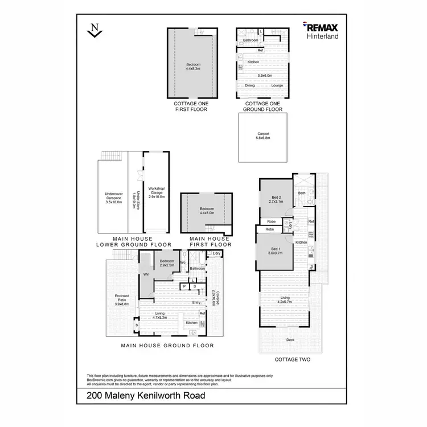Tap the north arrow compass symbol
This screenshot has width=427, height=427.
click(x=93, y=31)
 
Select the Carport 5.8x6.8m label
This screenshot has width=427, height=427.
click(x=263, y=137)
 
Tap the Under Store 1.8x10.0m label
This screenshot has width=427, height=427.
click(x=136, y=198)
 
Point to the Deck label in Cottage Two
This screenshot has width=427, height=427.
click(x=290, y=340)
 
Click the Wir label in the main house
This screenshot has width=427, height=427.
click(x=146, y=274)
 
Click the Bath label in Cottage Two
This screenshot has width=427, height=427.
click(x=302, y=193)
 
